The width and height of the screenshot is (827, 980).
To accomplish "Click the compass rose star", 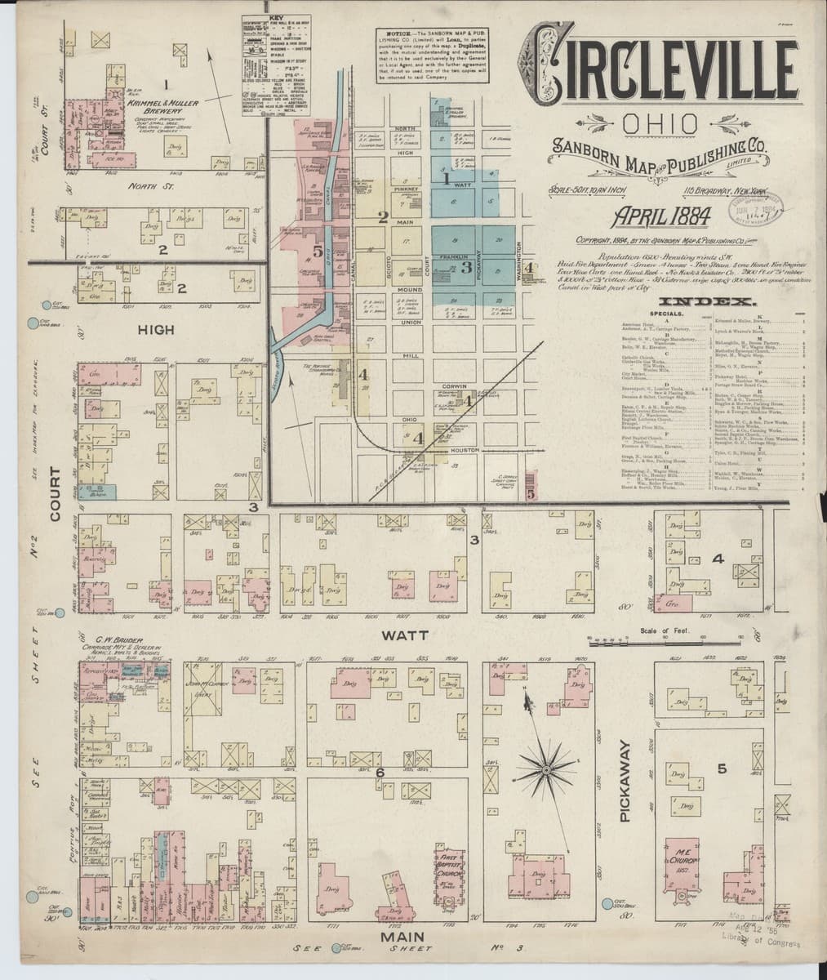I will pos(545,768).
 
